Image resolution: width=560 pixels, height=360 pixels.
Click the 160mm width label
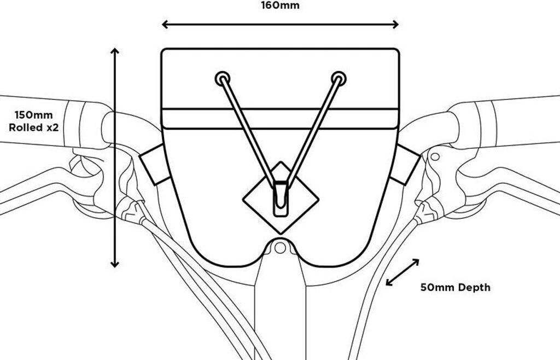pyautogui.click(x=280, y=6)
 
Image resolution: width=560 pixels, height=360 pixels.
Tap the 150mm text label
pyautogui.click(x=33, y=115)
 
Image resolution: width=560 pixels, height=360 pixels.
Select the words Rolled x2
pyautogui.click(x=33, y=127)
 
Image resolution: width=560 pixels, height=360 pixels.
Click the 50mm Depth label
pyautogui.click(x=455, y=287)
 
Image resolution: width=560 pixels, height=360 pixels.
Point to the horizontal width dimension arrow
pyautogui.click(x=280, y=24)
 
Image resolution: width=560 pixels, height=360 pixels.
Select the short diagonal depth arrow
pyautogui.click(x=402, y=272)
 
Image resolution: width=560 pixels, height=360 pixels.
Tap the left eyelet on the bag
pyautogui.click(x=221, y=78)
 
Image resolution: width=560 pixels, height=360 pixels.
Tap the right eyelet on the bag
pyautogui.click(x=339, y=78)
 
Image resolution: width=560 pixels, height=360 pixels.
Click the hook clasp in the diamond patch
pyautogui.click(x=280, y=197)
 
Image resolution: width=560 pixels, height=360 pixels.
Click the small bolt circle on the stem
pyautogui.click(x=280, y=248)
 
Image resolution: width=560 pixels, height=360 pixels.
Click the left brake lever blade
pyautogui.click(x=33, y=189)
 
